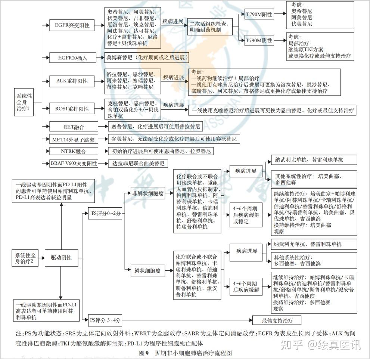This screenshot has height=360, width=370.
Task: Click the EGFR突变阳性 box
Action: pyautogui.click(x=72, y=26)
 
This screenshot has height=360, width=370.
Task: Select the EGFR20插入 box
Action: pyautogui.click(x=73, y=58)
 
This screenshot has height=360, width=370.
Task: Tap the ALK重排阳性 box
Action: pyautogui.click(x=72, y=81)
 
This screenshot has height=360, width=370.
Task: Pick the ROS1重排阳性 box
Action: pyautogui.click(x=72, y=109)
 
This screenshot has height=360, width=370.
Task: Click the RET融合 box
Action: pyautogui.click(x=74, y=127)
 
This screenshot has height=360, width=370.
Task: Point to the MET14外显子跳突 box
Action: pyautogui.click(x=74, y=140)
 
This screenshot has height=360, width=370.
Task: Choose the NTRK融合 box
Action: pyautogui.click(x=73, y=152)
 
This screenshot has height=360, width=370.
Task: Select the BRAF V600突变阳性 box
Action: pyautogui.click(x=74, y=164)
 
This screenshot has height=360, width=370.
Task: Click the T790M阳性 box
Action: pyautogui.click(x=259, y=15)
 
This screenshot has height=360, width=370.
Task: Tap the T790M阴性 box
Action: pyautogui.click(x=259, y=40)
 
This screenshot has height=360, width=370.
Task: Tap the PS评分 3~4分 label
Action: pyautogui.click(x=106, y=320)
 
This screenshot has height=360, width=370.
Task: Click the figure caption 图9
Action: pyautogui.click(x=144, y=353)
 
